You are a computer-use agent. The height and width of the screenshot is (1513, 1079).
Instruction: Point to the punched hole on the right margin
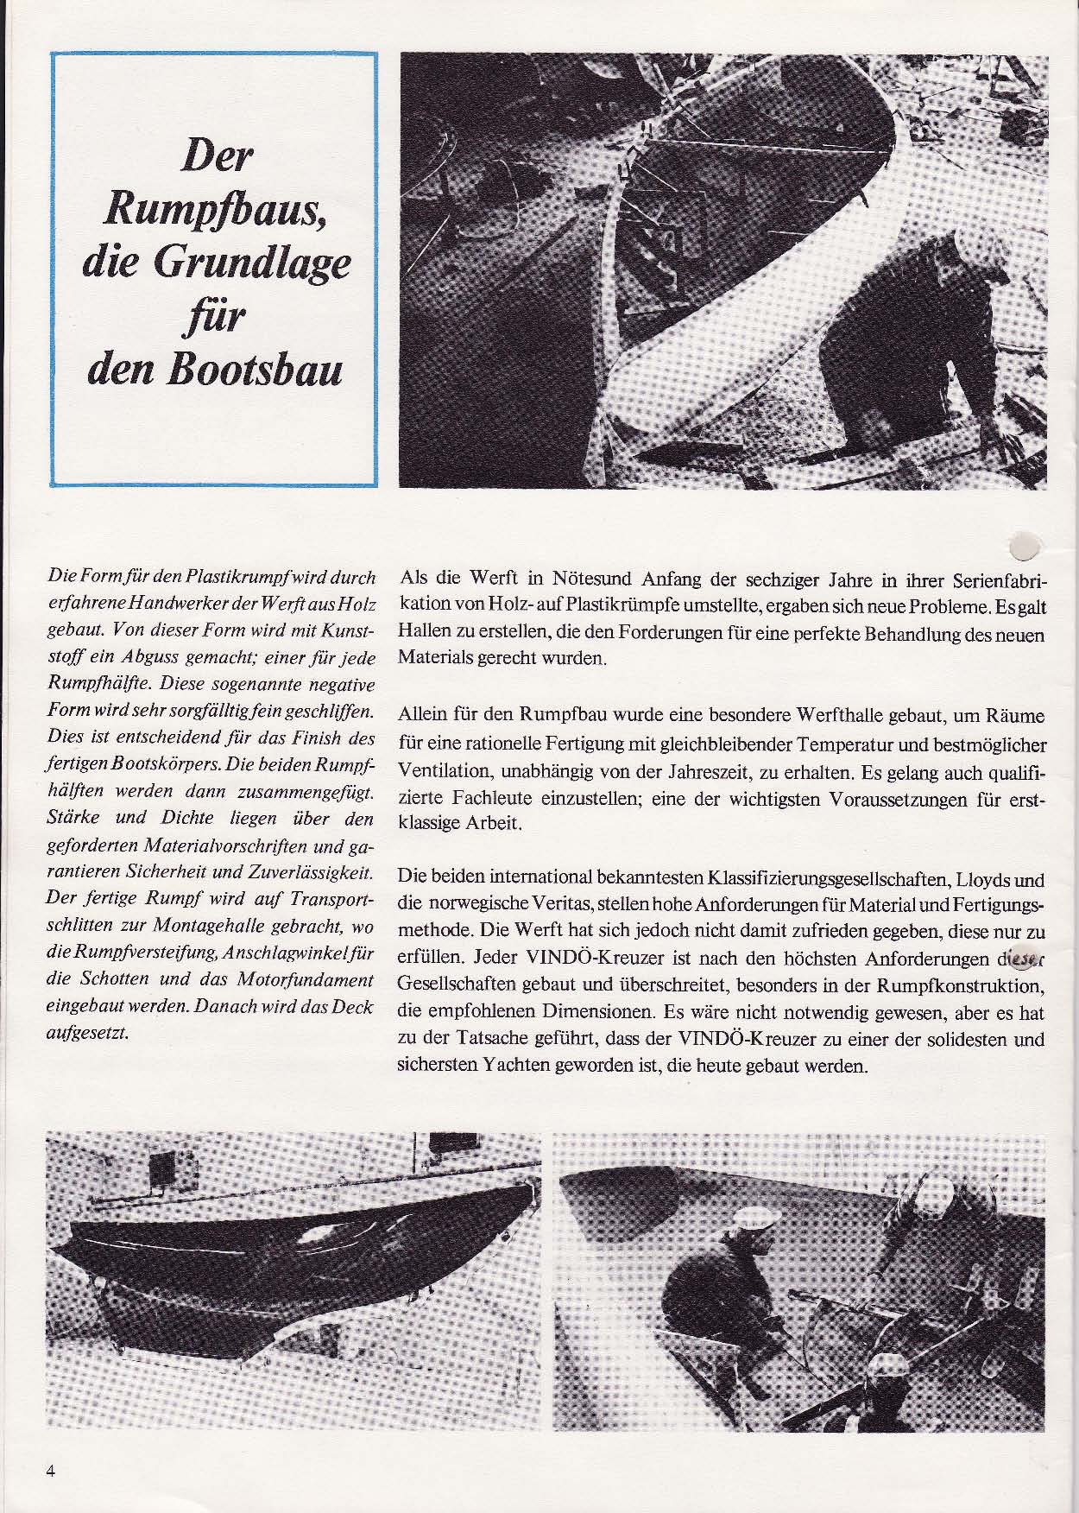(1025, 542)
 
